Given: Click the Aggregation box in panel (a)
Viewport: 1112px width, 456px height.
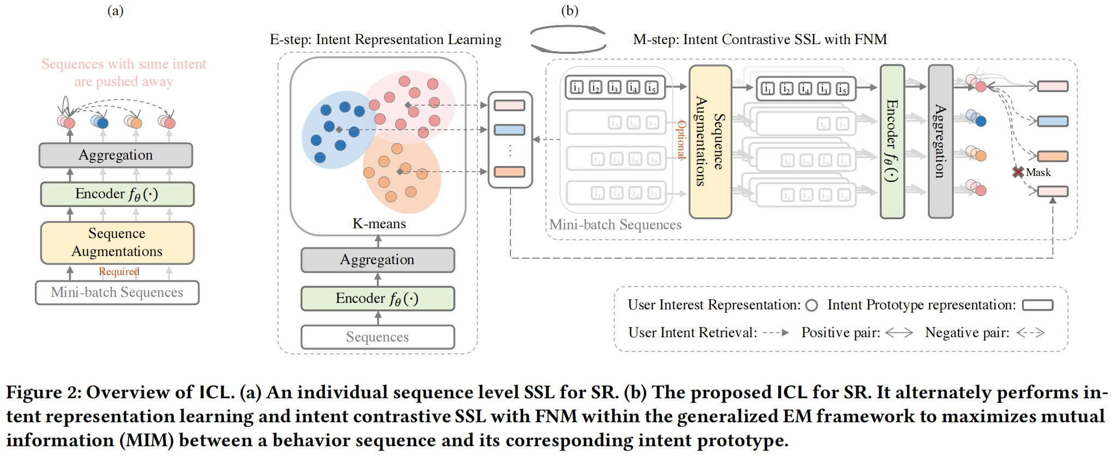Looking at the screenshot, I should coord(116,155).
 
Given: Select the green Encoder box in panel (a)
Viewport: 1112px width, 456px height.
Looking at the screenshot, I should coord(117,194).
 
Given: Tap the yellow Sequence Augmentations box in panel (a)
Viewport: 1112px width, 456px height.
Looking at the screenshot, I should coord(117,242).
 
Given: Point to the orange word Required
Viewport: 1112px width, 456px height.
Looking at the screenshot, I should coord(119,271).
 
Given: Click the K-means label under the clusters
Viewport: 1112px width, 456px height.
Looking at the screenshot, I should coord(379,224).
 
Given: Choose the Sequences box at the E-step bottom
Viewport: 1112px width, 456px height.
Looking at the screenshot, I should coord(378,337).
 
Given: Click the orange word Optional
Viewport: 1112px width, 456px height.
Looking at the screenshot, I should coord(681,139).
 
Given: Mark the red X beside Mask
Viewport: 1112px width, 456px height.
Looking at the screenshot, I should coord(1017,172).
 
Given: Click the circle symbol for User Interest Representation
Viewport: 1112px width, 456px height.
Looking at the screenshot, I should coord(811,306).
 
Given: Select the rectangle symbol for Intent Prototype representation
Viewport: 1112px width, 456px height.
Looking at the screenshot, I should coord(1037,306).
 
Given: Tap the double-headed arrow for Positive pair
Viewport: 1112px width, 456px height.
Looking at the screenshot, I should coord(899,333).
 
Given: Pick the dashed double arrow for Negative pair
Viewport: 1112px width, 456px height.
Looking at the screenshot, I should coord(1030,333).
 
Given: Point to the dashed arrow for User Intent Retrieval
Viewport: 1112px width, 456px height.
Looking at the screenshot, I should coord(776,333).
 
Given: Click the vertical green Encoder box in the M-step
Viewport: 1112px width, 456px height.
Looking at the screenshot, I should coord(892,142).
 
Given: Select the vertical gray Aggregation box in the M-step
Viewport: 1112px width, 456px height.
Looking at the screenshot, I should coord(940,142).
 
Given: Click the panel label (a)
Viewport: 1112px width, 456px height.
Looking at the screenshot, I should coord(115,11).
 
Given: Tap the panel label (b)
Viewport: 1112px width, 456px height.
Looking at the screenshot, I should coord(569,11).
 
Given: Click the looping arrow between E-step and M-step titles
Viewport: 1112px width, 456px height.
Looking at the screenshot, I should coord(568,39).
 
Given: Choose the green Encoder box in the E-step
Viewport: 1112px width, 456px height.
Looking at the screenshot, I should coord(378,299).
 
